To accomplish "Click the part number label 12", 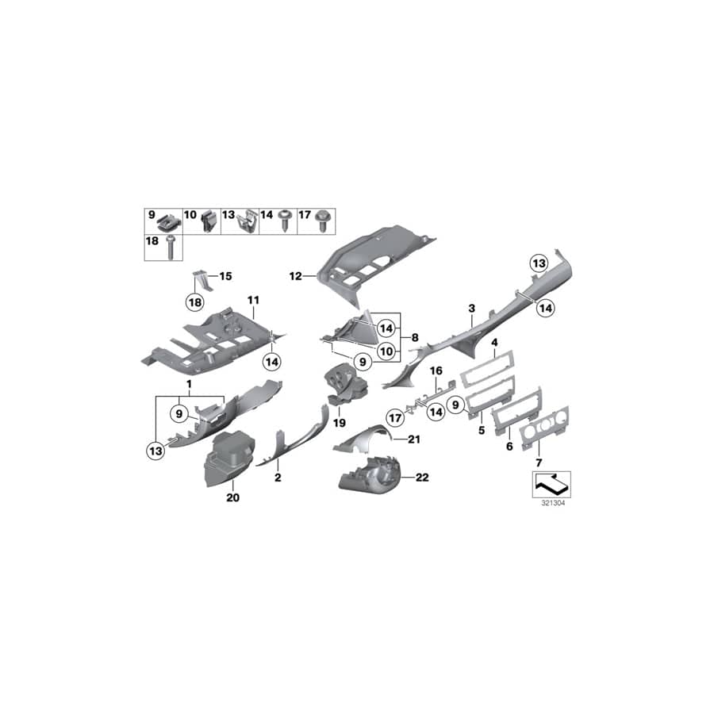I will point(294,277).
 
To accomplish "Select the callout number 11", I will point(253,300).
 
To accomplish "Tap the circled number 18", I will point(194,301).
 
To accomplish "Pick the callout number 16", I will point(436,370).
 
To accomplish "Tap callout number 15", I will point(225,276).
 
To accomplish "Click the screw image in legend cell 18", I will point(170,248).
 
